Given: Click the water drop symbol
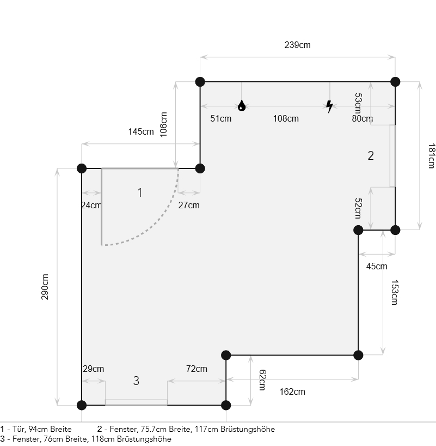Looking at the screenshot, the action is (x=242, y=106).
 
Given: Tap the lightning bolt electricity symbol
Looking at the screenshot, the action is (x=329, y=106).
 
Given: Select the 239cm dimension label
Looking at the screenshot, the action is (x=297, y=45).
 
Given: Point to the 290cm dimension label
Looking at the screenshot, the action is (x=45, y=287).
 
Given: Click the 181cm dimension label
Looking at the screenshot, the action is (x=431, y=156).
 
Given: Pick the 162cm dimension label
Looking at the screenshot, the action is (x=292, y=391).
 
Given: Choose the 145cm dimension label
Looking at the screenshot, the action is (x=141, y=132).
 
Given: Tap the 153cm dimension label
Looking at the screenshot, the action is (x=395, y=292).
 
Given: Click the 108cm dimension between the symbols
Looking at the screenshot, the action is (x=286, y=119).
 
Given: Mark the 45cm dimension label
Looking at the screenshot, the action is (x=377, y=266).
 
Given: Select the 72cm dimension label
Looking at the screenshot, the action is (x=196, y=369).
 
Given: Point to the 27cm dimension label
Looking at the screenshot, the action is (x=189, y=205).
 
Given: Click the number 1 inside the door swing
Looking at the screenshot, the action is (x=140, y=192).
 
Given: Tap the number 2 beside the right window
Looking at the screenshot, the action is (x=371, y=155).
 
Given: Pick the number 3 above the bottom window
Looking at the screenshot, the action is (x=136, y=381).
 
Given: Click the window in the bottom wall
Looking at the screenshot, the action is (x=136, y=402).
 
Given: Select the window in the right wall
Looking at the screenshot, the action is (x=392, y=156).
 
